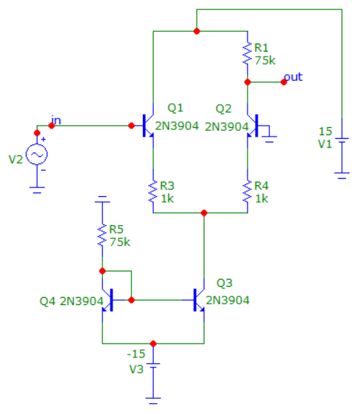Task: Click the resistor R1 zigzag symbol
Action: coord(247,54)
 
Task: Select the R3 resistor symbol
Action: coord(153,192)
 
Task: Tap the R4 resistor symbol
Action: coord(247,192)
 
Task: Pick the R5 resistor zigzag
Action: coord(102,235)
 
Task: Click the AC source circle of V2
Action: coord(37,155)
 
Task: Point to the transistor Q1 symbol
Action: coord(148,126)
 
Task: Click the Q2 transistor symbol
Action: coord(253,126)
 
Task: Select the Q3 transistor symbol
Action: coord(198,300)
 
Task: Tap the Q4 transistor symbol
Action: coord(108,300)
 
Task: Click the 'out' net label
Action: coord(293,77)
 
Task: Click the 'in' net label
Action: coord(56,121)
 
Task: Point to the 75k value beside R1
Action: coord(265,61)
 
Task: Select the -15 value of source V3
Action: coord(136,354)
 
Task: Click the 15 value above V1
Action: coord(325,131)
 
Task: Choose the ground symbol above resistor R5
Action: coord(102,199)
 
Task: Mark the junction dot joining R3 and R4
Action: coord(204,213)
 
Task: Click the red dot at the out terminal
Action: coord(284,82)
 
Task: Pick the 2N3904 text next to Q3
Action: coord(227,301)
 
